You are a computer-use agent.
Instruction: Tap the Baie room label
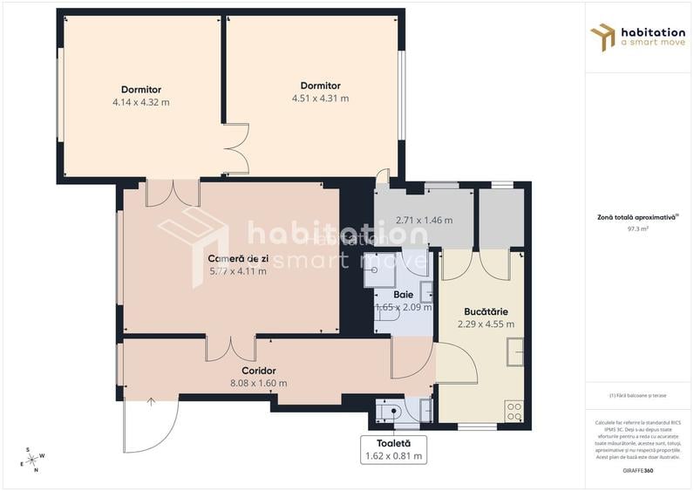(x=403, y=295)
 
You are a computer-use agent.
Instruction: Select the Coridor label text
(x=259, y=371)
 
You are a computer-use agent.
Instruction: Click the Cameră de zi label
(x=237, y=258)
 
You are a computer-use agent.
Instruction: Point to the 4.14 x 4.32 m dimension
(x=140, y=102)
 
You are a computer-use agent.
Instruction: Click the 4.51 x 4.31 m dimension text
(x=320, y=99)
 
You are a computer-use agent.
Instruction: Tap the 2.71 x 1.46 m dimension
(x=424, y=220)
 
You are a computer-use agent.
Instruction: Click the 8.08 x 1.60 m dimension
(x=259, y=383)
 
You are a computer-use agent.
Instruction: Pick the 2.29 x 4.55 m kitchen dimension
(x=486, y=324)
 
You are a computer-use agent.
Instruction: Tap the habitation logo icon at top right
(x=602, y=37)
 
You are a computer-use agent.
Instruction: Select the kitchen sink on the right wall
(x=514, y=351)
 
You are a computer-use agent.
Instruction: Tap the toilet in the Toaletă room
(x=390, y=410)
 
